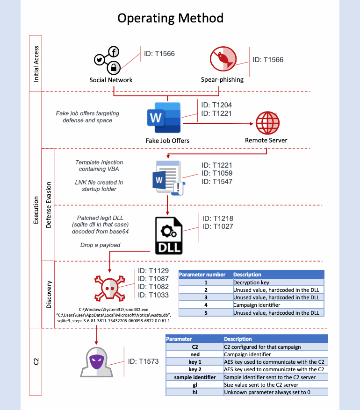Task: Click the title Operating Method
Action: tap(171, 18)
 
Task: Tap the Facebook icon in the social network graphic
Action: tap(114, 52)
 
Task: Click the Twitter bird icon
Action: tap(100, 60)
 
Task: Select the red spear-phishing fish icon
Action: tap(223, 59)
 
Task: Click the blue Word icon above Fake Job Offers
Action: tap(164, 118)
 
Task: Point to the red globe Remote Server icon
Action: tap(267, 123)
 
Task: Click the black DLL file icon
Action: tap(169, 236)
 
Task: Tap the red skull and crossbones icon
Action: tap(110, 288)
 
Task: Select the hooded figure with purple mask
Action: tap(97, 362)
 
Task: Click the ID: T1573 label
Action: tap(143, 361)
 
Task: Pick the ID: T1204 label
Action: tap(216, 105)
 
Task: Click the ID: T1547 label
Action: tap(217, 182)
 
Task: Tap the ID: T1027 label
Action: tap(217, 226)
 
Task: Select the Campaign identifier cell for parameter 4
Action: tap(278, 305)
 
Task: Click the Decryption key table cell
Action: tap(278, 283)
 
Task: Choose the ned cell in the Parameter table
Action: tap(195, 354)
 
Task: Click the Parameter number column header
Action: tap(202, 275)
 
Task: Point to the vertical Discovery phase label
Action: tap(49, 295)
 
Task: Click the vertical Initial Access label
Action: tap(36, 64)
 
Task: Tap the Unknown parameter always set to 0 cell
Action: tap(276, 392)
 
